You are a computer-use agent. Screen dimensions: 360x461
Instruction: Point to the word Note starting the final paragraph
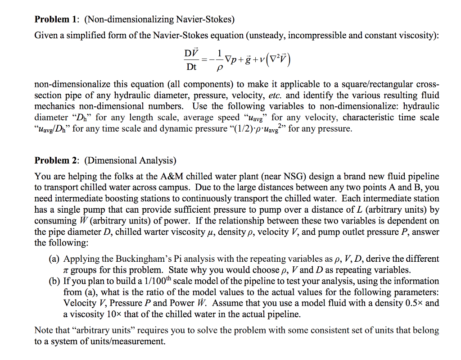pos(44,330)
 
